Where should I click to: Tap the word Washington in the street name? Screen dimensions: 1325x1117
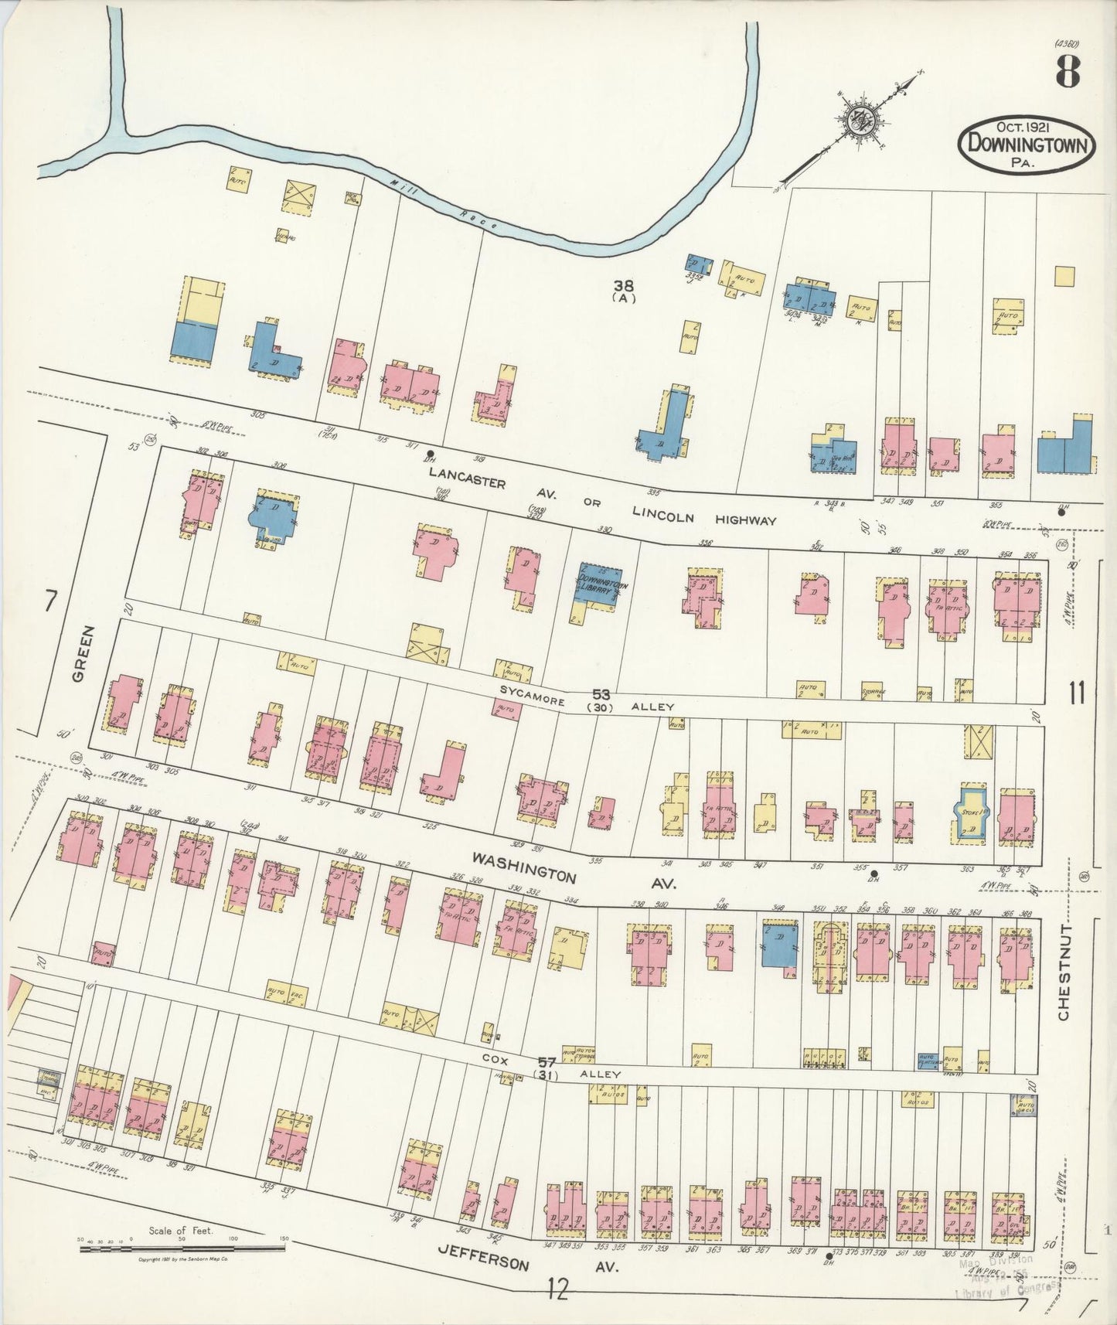(x=524, y=867)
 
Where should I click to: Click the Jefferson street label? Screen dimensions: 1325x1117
(x=483, y=1260)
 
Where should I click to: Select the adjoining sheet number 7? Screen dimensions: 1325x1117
(x=51, y=601)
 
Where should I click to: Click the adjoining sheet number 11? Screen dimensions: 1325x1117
(x=1077, y=693)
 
